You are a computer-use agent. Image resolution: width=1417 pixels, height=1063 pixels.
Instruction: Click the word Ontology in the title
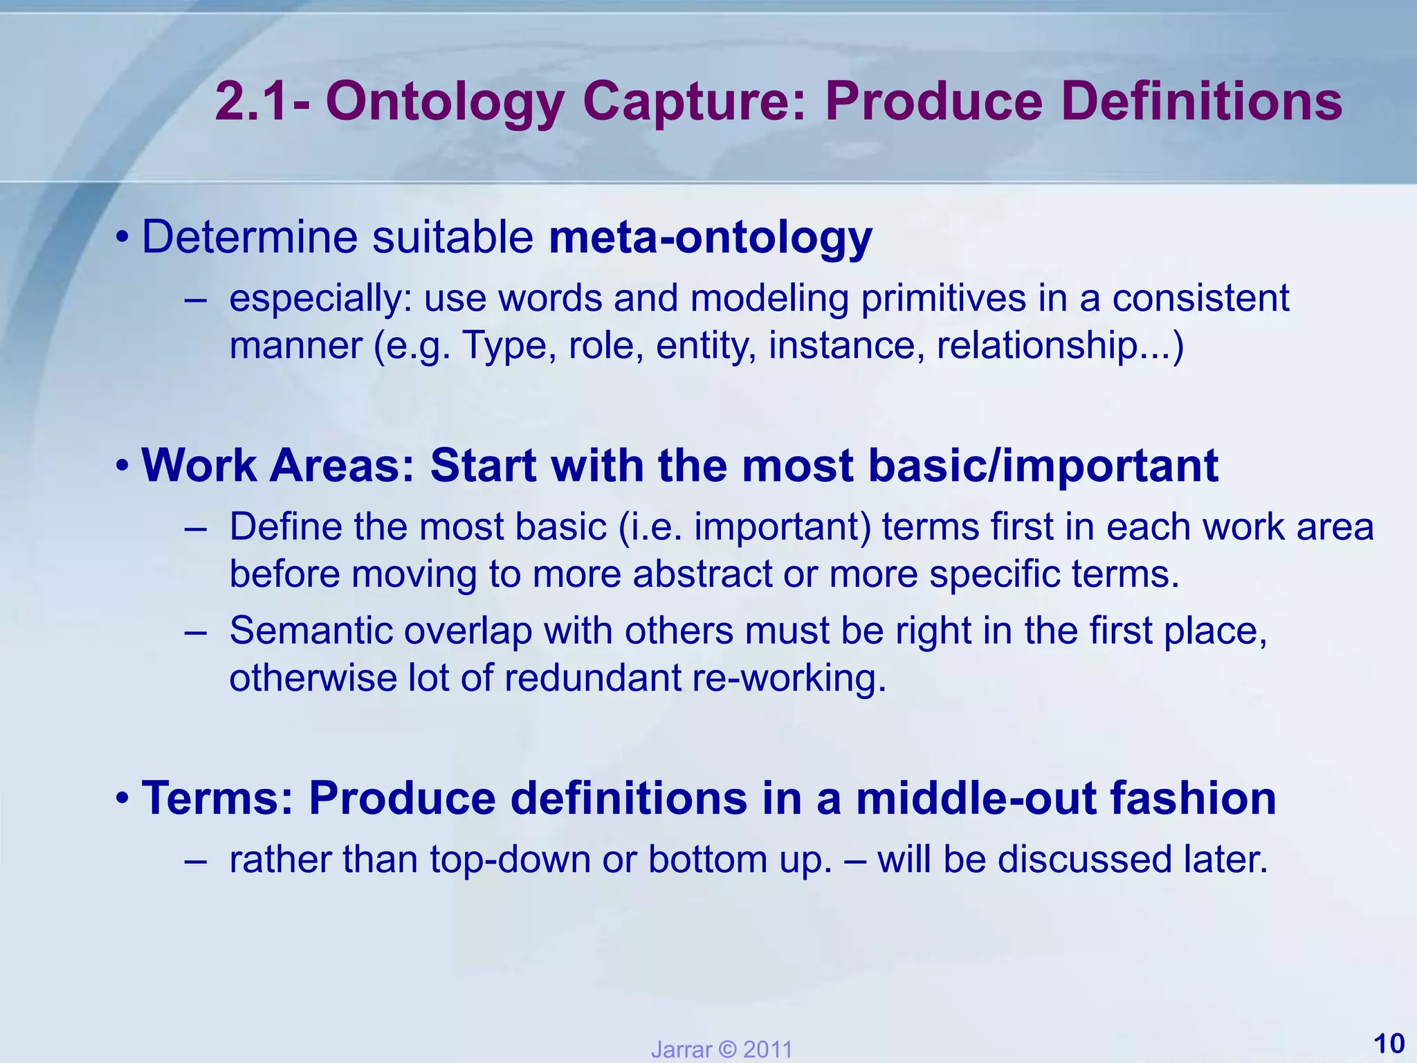pos(445,102)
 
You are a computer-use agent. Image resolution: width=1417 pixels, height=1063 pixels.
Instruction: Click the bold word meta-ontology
pos(711,237)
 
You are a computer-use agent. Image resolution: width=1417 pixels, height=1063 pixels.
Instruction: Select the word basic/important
pos(1043,465)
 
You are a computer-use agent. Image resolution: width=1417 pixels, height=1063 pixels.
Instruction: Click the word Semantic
pos(311,630)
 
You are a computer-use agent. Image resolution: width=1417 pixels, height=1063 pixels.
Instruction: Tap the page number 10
pos(1388,1043)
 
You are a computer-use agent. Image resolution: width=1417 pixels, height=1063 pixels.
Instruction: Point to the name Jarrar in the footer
pos(681,1050)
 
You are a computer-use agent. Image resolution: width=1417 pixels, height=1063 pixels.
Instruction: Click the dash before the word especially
pos(196,300)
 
